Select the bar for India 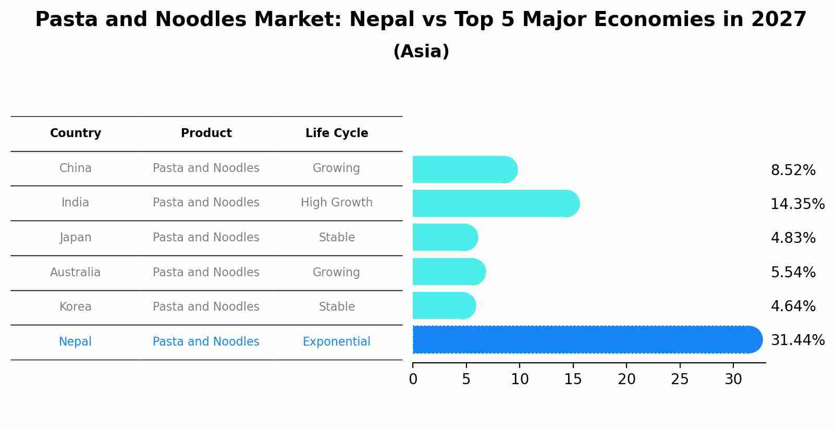(495, 203)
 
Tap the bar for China (464, 169)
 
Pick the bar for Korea (444, 305)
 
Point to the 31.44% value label (797, 340)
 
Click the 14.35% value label (797, 204)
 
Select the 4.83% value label (793, 238)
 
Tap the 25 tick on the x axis (680, 379)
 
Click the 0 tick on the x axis (413, 379)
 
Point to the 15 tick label (573, 379)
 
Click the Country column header (76, 133)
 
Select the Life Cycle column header (337, 133)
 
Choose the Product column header (206, 133)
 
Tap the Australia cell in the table (76, 272)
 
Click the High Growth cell (337, 202)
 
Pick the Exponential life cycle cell (337, 341)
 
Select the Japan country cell (76, 237)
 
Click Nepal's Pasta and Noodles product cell (206, 341)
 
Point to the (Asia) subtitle (421, 52)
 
